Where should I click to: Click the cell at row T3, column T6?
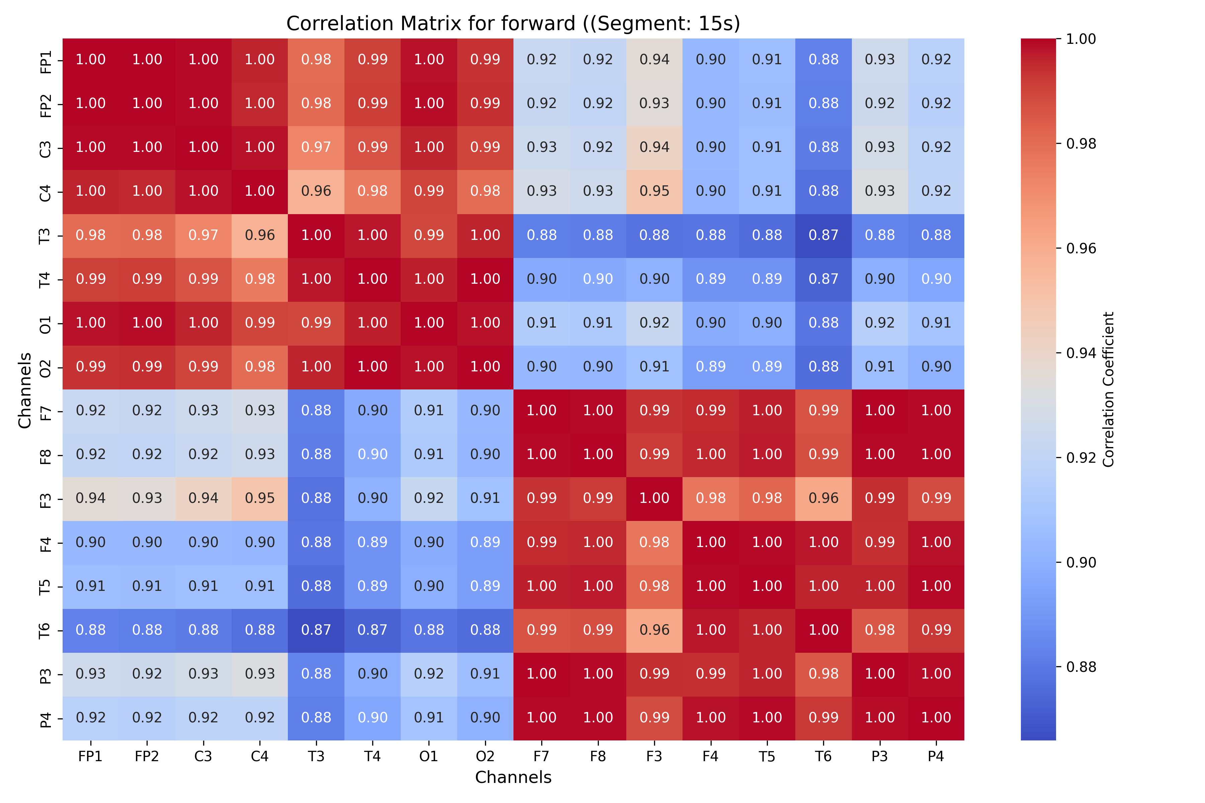pos(823,236)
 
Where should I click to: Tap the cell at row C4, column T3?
pos(316,191)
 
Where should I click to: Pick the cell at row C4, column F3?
pos(654,191)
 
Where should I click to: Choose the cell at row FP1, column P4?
pos(936,60)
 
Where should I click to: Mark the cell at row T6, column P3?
pos(880,630)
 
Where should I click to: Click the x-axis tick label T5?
pos(767,757)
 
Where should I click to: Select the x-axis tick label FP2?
pos(147,757)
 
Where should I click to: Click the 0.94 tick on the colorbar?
pos(1081,353)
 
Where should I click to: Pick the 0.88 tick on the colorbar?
pos(1081,667)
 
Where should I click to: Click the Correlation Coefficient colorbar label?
pos(1109,389)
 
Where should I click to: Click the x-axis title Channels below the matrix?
pos(513,777)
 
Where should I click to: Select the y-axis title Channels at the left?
pos(24,390)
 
